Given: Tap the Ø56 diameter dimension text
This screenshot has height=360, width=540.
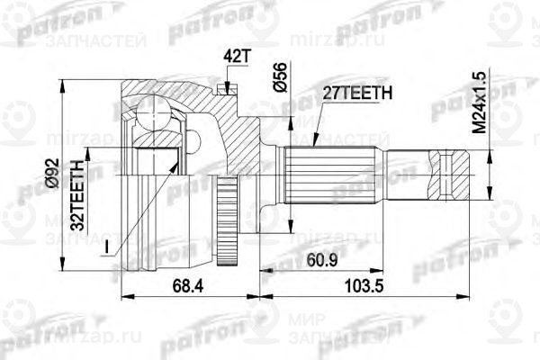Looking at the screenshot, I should coord(281,77).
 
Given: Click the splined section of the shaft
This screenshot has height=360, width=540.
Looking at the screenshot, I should coord(328,171).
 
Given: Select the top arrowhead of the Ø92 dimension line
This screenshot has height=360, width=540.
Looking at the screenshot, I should coord(64,84).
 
